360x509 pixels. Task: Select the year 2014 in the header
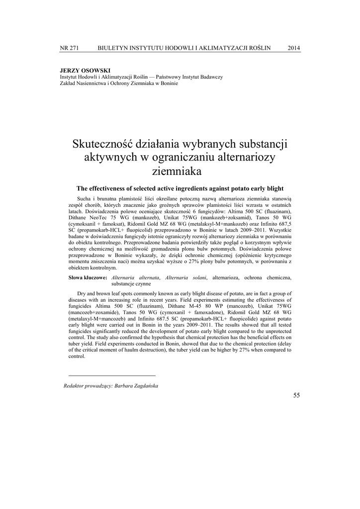(x=294, y=48)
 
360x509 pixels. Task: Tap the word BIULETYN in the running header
(x=114, y=48)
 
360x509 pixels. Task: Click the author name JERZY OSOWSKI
(x=85, y=71)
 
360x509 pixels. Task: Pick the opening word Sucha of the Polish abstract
(x=86, y=199)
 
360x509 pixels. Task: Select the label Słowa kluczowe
(x=88, y=277)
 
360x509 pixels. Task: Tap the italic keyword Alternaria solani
(x=185, y=277)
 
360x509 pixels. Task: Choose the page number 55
(x=297, y=395)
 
